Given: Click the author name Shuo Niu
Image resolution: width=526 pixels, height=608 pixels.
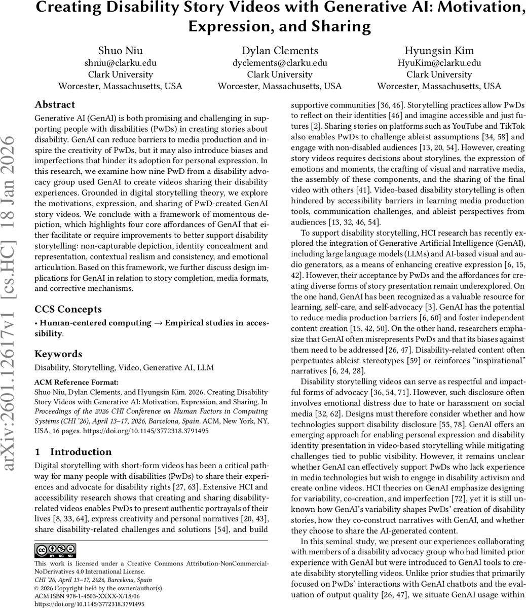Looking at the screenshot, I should click(120, 50).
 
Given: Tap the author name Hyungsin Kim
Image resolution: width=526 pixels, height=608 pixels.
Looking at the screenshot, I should click(439, 50).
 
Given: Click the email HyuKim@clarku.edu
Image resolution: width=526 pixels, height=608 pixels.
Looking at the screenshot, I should click(439, 63).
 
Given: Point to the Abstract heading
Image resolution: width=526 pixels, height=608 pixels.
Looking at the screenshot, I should click(55, 105).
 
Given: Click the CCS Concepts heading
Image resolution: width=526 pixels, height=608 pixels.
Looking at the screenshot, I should click(68, 309).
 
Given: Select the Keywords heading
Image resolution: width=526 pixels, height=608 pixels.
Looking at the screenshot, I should click(58, 354).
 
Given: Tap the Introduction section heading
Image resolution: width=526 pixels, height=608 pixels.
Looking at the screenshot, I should click(81, 452).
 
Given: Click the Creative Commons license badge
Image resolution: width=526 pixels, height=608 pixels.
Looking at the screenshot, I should click(55, 550).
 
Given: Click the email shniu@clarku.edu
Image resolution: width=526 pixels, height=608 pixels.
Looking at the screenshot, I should click(120, 63).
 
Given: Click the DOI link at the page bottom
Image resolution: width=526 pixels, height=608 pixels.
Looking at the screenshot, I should click(89, 604).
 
